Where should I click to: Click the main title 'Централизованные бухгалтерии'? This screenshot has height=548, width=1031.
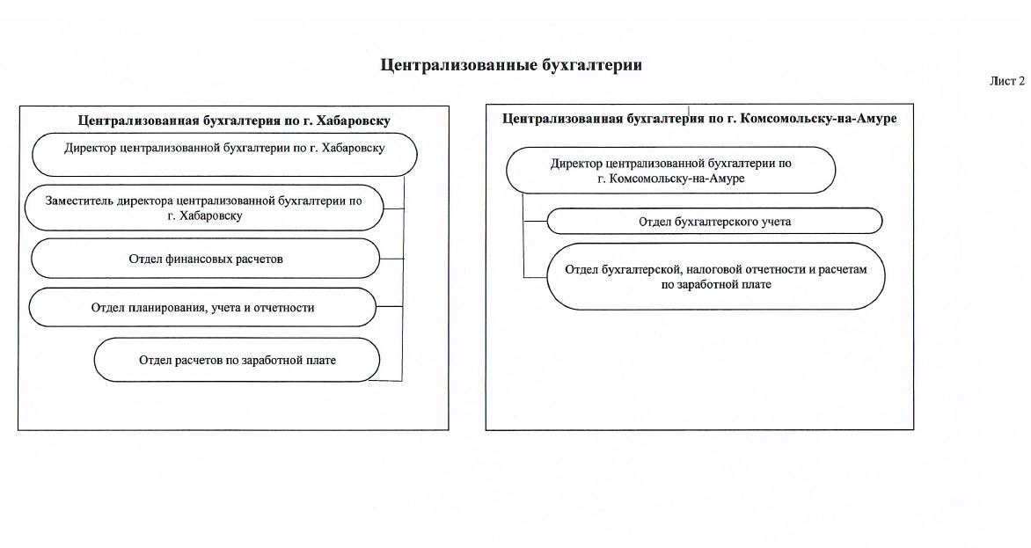511,65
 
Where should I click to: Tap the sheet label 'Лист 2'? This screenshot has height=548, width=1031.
1007,82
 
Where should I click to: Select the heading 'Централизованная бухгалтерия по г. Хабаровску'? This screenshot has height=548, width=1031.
234,121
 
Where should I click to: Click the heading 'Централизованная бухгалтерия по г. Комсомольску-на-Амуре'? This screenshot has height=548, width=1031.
699,119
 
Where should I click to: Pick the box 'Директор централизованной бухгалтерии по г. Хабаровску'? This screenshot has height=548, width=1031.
224,149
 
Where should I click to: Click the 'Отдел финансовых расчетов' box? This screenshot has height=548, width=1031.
206,259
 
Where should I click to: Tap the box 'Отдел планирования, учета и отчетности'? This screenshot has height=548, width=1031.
202,308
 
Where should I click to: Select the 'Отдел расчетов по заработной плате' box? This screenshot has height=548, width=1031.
238,360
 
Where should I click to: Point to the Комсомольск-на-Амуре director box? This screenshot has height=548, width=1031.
670,170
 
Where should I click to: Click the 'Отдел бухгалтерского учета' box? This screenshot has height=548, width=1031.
714,222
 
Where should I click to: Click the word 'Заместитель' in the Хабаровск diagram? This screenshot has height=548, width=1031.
77,201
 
